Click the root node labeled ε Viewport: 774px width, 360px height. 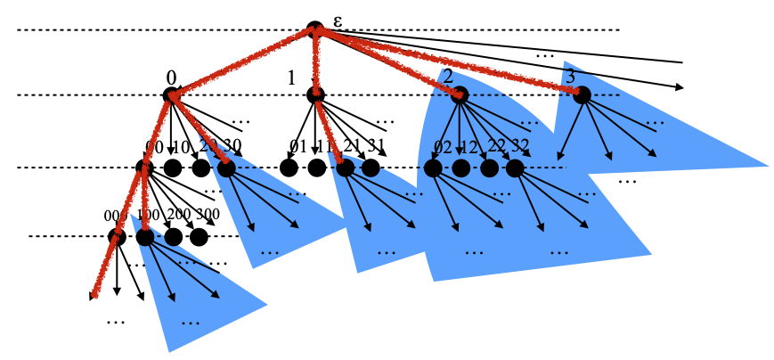coord(314,30)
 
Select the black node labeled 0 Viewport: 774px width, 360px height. coord(172,95)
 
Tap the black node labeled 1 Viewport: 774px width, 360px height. coord(315,94)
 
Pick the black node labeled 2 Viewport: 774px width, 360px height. coord(460,95)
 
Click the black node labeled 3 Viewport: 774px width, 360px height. coord(582,94)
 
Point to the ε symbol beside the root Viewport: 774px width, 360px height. coord(337,20)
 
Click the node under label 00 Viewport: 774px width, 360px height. coord(145,167)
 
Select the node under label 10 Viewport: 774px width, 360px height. coord(174,167)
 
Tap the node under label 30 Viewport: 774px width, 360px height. coord(226,167)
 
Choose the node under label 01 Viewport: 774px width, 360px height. coord(288,167)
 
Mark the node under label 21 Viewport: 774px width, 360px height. coord(344,167)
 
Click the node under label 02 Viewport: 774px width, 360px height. coord(433,167)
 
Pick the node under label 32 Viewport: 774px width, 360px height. coord(514,167)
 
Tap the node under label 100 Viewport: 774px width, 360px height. coord(145,237)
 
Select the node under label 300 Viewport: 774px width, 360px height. coord(199,237)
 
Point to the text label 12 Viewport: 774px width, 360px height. coord(468,147)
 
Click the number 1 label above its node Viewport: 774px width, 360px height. coord(290,78)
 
